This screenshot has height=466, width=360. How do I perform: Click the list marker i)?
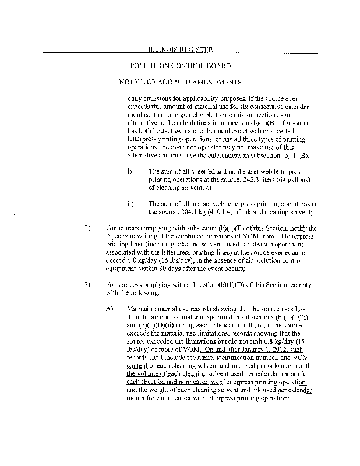coord(129,172)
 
